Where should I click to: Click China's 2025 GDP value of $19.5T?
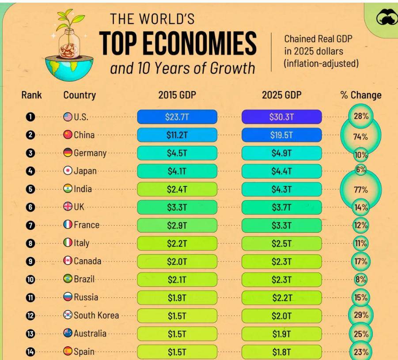[281, 135]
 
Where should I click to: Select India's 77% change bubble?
[360, 190]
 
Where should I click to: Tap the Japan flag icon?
[68, 171]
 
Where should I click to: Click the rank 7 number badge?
[30, 225]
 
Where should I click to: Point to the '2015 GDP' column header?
[177, 95]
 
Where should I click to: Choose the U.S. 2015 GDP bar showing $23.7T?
[177, 117]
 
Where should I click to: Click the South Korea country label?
[96, 315]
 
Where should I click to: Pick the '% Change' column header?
[360, 95]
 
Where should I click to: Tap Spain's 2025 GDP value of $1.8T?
[281, 352]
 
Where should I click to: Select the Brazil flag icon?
[68, 279]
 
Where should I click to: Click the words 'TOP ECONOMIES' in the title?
[178, 44]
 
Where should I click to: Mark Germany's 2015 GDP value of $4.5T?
[177, 153]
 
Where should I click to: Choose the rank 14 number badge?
[30, 352]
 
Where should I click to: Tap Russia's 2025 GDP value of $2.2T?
[281, 298]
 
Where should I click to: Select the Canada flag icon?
[68, 261]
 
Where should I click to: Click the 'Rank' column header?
[31, 95]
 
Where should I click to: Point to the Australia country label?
[90, 333]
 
